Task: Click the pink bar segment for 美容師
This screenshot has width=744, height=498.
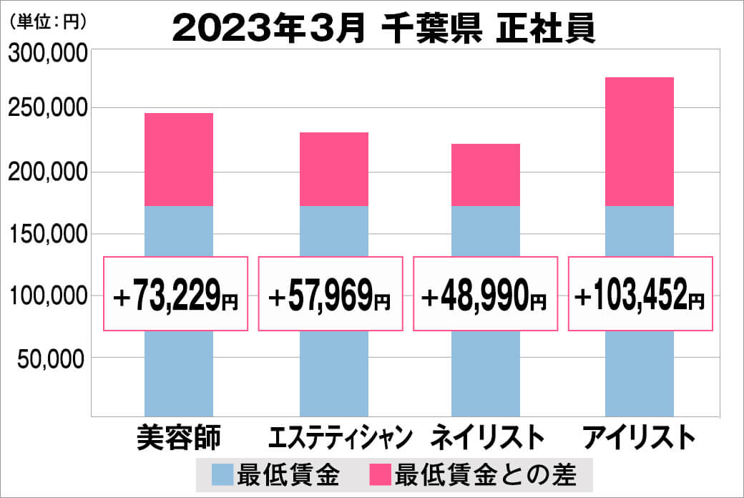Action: click(178, 159)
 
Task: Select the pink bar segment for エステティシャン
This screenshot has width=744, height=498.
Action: click(333, 169)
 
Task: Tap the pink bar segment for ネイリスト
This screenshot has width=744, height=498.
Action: click(485, 175)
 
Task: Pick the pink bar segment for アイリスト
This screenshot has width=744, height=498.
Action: click(639, 141)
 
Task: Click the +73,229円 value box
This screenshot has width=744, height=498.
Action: click(176, 294)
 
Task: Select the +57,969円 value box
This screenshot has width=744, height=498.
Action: click(331, 294)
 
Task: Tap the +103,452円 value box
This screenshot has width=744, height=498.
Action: click(640, 294)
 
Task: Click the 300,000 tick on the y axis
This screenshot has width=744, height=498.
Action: click(47, 54)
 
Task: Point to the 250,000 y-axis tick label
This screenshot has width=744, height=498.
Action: click(47, 109)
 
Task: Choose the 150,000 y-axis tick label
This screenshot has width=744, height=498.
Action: click(47, 235)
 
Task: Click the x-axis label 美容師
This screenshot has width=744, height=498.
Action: click(179, 436)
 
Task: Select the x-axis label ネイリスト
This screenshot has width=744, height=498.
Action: click(486, 436)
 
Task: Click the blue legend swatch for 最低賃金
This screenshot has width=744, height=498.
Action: click(223, 474)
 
